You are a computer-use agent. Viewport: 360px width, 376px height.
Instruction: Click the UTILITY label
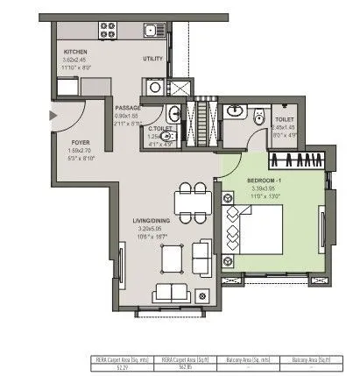154,59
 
